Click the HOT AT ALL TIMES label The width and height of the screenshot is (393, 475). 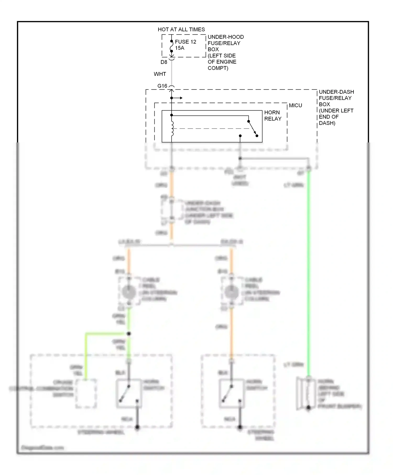point(181,30)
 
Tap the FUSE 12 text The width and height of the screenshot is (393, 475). point(185,42)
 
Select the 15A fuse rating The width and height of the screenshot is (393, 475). point(180,48)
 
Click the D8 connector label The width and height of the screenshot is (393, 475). point(164,62)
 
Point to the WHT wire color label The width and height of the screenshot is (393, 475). point(160,74)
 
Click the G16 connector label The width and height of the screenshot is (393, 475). point(162,86)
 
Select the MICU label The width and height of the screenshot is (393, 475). point(295,106)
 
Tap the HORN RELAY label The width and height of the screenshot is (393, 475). point(272,115)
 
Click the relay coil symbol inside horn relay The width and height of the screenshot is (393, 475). point(172,129)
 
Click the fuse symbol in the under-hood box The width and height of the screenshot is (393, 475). point(171,46)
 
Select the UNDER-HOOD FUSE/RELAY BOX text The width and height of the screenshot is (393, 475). point(226,52)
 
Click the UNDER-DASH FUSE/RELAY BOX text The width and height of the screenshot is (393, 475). point(336,107)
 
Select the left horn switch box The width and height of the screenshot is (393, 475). point(129,393)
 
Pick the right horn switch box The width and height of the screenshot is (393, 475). point(232,393)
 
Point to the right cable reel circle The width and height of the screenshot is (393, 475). point(232,292)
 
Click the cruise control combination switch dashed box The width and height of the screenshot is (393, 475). point(86,393)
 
